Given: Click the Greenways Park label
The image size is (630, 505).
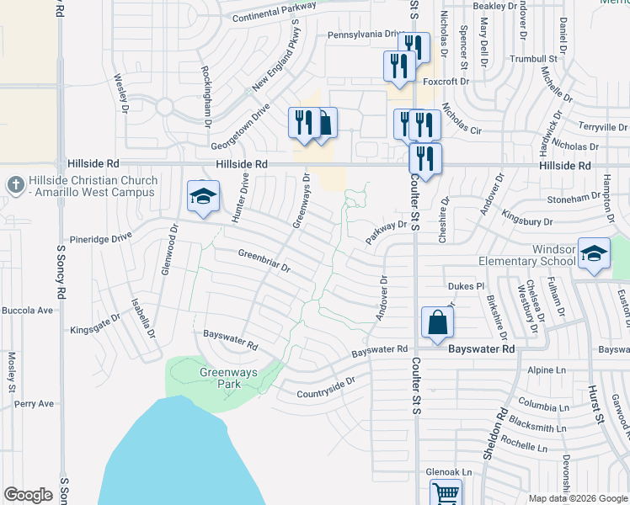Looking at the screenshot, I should pyautogui.click(x=220, y=378).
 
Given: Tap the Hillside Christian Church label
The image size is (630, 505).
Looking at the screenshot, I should pyautogui.click(x=93, y=187).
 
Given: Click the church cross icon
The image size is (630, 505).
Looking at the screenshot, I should pyautogui.click(x=14, y=184).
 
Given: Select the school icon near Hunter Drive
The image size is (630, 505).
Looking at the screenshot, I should pyautogui.click(x=203, y=197).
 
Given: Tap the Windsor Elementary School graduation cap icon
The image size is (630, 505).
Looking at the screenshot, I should pyautogui.click(x=594, y=254).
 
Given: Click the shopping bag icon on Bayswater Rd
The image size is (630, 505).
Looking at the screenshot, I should pyautogui.click(x=438, y=322).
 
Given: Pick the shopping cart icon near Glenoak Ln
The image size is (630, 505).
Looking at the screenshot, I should pyautogui.click(x=446, y=494).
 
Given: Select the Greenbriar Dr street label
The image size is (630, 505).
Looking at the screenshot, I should pyautogui.click(x=264, y=260).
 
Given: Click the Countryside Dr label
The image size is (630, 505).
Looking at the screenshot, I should pyautogui.click(x=326, y=387).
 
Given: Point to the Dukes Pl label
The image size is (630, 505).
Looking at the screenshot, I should pyautogui.click(x=467, y=286).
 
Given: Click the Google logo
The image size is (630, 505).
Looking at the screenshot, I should pyautogui.click(x=28, y=495).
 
